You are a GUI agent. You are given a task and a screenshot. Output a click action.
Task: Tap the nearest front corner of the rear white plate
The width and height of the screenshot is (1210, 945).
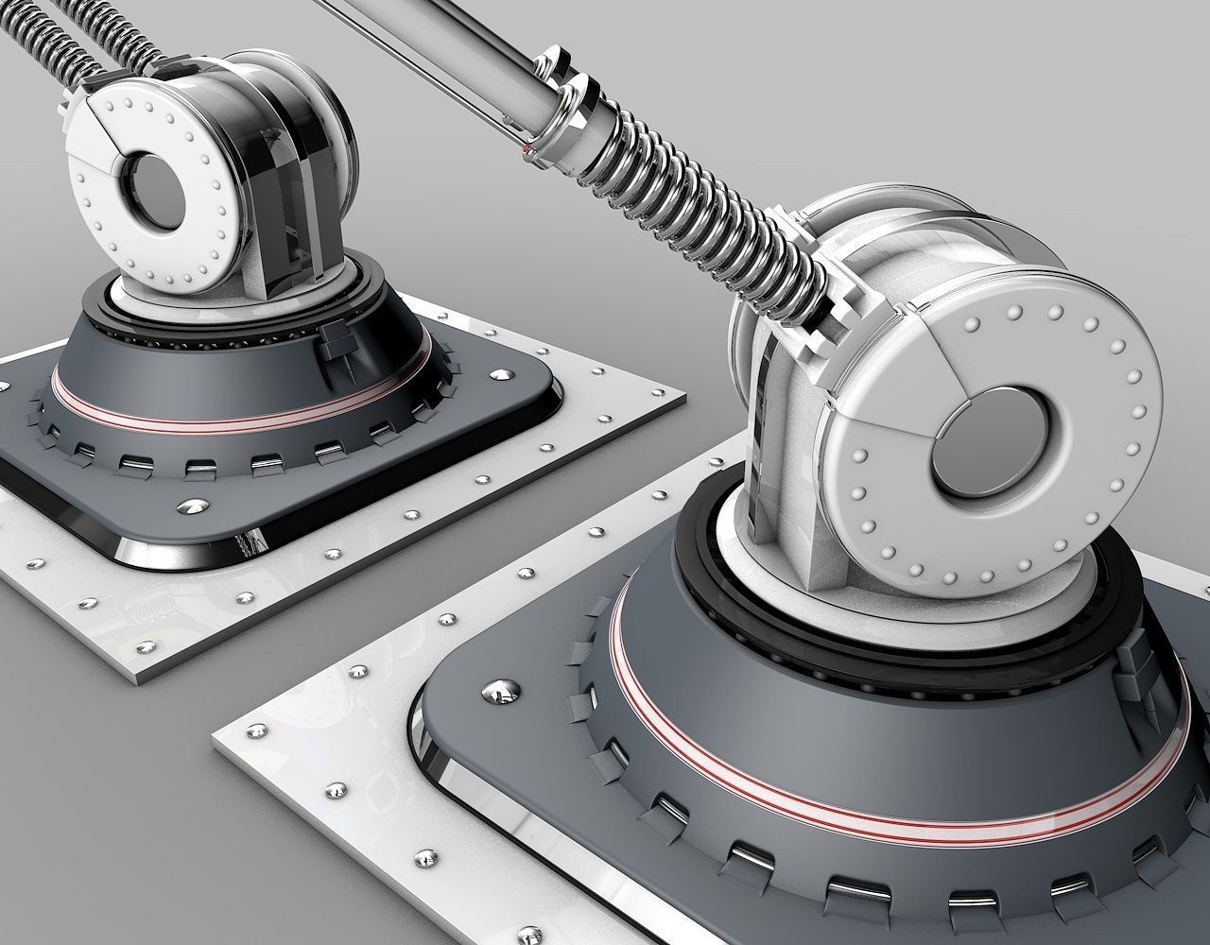(142, 679)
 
